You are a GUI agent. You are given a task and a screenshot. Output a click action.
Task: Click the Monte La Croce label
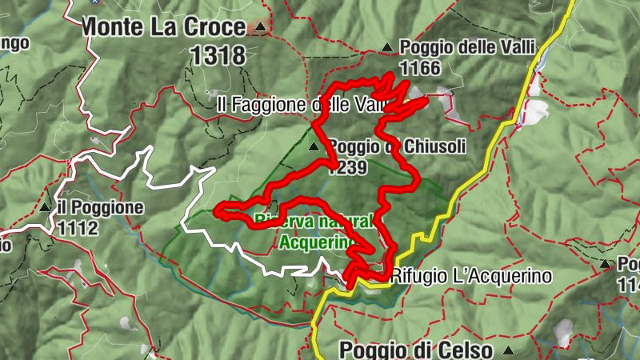[x=163, y=26]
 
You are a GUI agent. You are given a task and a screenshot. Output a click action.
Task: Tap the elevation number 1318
[x=218, y=54]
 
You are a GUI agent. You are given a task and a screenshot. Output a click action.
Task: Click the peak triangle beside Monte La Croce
[x=258, y=28]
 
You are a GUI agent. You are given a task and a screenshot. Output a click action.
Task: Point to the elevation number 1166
[x=420, y=68]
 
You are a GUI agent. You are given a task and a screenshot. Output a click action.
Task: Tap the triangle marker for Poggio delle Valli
[x=387, y=47]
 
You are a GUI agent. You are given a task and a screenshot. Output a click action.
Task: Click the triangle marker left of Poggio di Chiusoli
[x=314, y=146]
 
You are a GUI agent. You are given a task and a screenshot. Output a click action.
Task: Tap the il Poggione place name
[x=100, y=208]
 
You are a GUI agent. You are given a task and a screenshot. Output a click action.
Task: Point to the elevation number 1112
[x=78, y=228]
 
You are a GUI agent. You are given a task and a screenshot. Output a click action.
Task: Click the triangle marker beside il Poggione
[x=46, y=208]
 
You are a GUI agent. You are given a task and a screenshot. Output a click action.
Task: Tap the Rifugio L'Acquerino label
[x=473, y=277]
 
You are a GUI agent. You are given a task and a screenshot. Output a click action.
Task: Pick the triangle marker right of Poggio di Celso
[x=508, y=350]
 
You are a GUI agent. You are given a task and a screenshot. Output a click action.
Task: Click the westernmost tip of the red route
[x=218, y=212]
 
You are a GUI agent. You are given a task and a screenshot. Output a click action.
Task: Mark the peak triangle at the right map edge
[x=606, y=263]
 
